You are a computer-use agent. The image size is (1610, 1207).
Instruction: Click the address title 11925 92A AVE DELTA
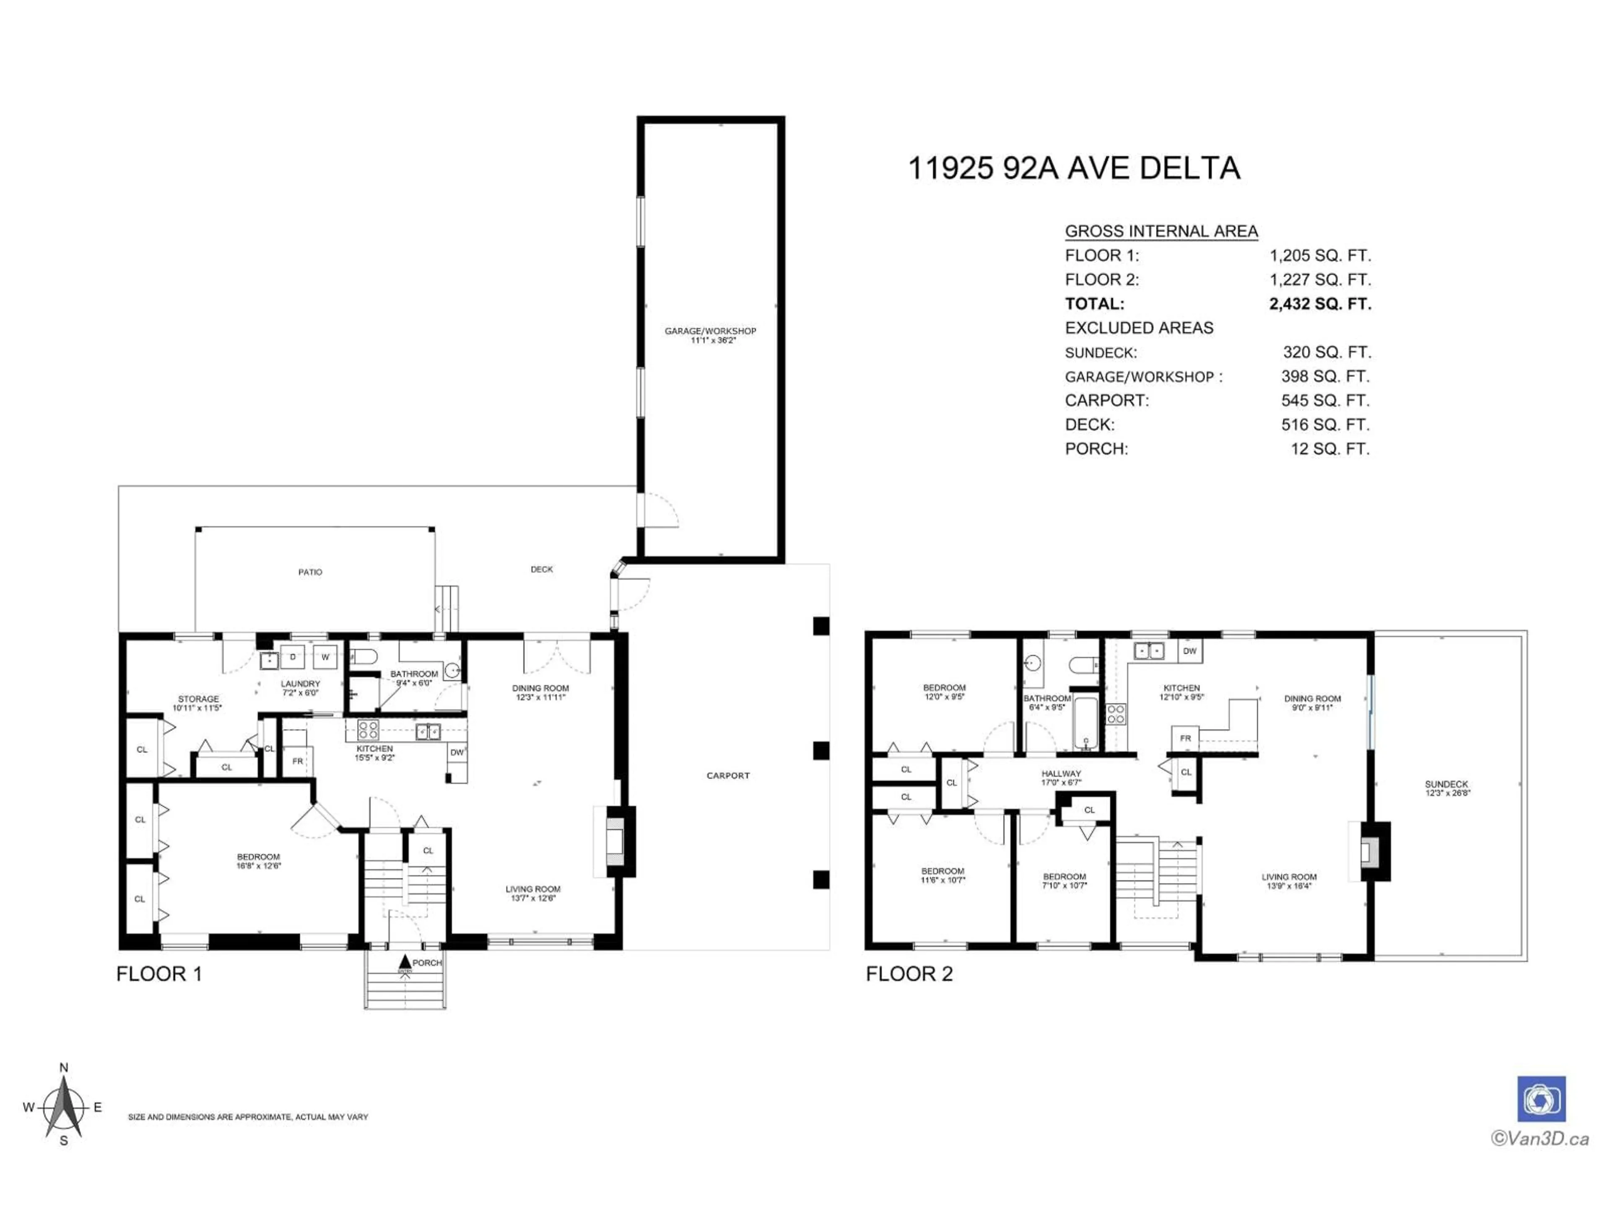coord(1074,168)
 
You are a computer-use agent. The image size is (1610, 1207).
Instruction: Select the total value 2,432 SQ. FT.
coord(1319,303)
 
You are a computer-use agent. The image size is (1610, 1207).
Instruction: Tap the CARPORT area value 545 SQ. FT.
coord(1324,400)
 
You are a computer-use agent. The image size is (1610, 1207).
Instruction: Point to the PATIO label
coord(310,572)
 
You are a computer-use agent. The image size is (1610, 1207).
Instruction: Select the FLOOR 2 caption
coord(909,974)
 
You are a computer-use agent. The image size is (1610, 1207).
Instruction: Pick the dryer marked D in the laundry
coord(293,657)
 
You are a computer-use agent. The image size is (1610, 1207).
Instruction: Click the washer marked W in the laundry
coord(325,657)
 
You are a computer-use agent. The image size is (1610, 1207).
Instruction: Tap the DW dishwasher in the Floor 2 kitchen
coord(1189,651)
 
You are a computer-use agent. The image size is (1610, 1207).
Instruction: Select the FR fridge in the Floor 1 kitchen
coord(298,761)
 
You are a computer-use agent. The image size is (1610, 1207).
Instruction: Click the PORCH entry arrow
coord(405,963)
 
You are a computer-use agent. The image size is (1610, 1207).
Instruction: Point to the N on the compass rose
coord(64,1067)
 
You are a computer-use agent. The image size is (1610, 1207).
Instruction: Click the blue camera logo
coord(1541,1099)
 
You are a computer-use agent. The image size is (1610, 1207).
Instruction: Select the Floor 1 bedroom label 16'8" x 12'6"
coord(258,861)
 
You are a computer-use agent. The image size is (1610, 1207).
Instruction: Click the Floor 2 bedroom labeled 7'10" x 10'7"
coord(1064,881)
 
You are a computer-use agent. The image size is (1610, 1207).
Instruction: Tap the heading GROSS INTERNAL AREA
coord(1161,231)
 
